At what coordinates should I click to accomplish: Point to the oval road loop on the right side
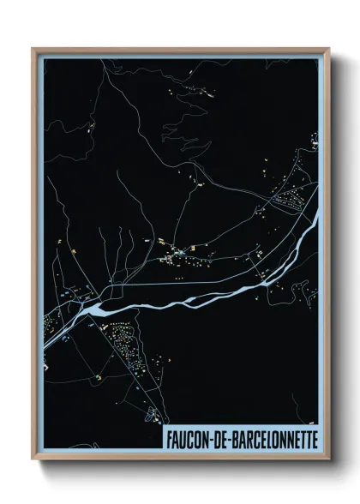pos(292,202)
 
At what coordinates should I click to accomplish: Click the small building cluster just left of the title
pos(153,416)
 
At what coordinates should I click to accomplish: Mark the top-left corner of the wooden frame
pos(33,49)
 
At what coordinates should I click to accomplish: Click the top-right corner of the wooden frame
pos(328,49)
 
